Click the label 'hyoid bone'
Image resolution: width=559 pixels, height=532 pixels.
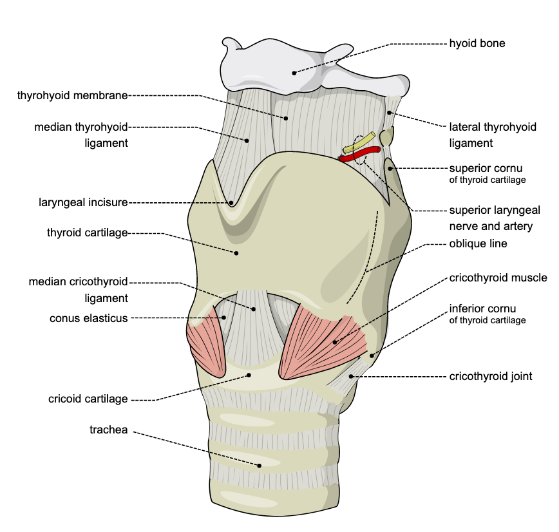tap(477, 44)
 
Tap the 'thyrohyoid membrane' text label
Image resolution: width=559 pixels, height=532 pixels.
tap(73, 95)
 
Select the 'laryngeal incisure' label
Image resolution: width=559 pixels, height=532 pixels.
tap(82, 202)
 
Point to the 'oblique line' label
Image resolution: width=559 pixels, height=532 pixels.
tap(478, 244)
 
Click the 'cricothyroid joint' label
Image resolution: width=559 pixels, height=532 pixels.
tap(491, 376)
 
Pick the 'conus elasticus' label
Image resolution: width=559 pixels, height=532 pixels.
tap(88, 318)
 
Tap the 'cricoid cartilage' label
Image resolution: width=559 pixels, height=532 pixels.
tap(88, 399)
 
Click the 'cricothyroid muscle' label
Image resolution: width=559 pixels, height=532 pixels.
tap(498, 278)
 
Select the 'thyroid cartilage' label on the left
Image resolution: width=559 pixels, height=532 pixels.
tap(87, 232)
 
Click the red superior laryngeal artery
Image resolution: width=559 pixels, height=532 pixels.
tap(365, 154)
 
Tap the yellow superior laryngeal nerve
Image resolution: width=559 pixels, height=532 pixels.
tap(359, 144)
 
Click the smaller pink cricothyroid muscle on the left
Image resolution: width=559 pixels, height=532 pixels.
tap(206, 345)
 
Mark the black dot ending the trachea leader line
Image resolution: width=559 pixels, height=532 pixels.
tap(260, 465)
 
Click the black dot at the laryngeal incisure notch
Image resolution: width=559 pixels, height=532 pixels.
tap(231, 202)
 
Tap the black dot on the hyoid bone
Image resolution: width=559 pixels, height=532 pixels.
tap(294, 72)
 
